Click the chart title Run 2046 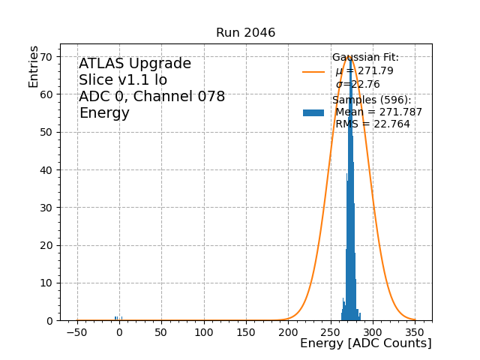[245, 33]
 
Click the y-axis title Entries [34, 67]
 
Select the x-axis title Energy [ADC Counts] [365, 343]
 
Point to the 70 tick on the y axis [46, 57]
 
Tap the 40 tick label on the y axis [46, 170]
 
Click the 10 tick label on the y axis [46, 283]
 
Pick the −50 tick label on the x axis [76, 331]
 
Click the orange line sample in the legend [313, 72]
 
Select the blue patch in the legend [313, 112]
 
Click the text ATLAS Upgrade [135, 64]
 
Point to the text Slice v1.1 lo [123, 80]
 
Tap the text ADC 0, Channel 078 [151, 97]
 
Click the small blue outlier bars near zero [117, 319]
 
